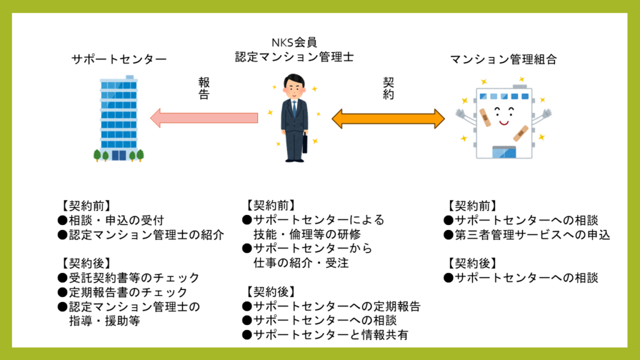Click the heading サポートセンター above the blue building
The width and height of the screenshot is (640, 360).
pos(119,60)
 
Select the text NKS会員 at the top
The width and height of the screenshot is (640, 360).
pos(294,42)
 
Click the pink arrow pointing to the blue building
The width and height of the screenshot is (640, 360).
pos(204,117)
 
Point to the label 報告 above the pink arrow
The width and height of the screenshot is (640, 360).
pos(204,89)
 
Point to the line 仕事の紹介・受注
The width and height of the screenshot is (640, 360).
pos(301,263)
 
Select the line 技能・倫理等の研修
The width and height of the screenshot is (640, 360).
pos(307,234)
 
